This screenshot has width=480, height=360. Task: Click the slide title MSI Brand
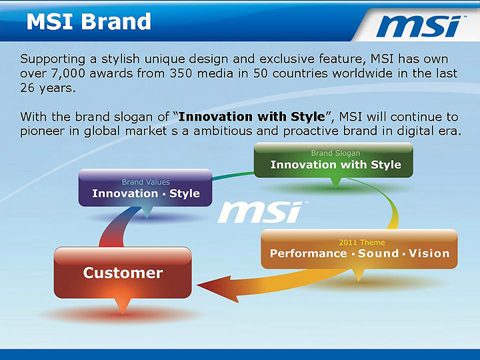[89, 21]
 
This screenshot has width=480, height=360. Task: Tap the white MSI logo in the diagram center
[260, 212]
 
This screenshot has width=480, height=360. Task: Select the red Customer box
[123, 273]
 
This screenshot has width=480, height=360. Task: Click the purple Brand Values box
[145, 188]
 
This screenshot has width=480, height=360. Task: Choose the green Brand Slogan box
[333, 160]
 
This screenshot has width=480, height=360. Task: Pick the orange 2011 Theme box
[359, 249]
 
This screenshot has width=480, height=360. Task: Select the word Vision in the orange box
[429, 253]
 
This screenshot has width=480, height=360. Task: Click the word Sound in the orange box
[378, 253]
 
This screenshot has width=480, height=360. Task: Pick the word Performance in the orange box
[308, 253]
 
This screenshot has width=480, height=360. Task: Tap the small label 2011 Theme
[361, 242]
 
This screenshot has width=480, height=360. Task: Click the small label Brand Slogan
[335, 153]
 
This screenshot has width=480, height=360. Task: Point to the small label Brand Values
[145, 182]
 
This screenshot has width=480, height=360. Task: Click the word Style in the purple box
[185, 193]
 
